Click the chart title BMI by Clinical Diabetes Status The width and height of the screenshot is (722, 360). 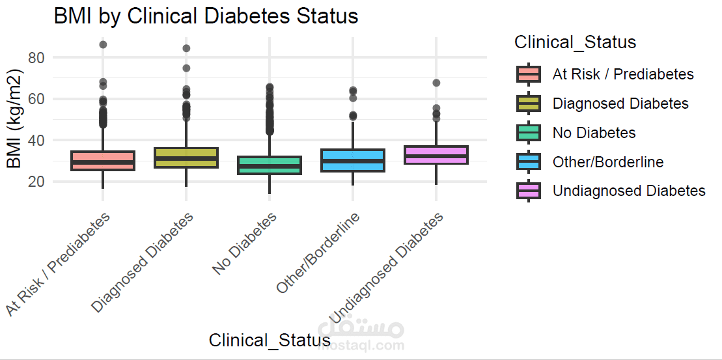point(206,16)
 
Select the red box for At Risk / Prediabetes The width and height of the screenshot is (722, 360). point(103,160)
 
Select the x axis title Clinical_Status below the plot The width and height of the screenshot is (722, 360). point(270,340)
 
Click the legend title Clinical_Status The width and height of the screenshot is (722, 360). point(575,42)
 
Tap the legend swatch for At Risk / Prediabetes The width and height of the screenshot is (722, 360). point(528,74)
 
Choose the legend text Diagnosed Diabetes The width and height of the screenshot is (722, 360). point(620,104)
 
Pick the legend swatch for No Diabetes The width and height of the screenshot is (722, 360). point(528,133)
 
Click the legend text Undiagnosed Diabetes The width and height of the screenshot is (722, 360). point(628,191)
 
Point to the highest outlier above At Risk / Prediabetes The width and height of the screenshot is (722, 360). point(103,45)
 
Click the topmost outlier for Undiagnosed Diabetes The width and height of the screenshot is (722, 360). point(436,83)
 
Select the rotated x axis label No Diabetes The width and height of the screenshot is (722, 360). point(245,243)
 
